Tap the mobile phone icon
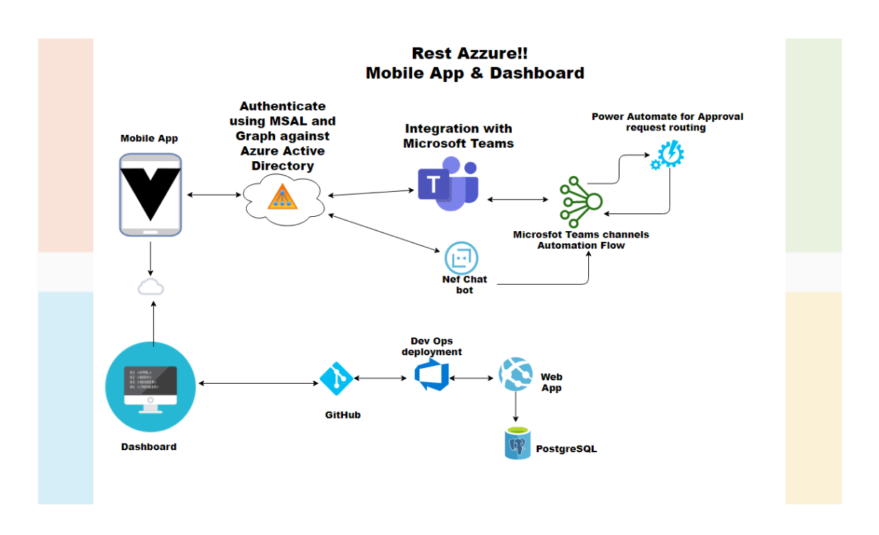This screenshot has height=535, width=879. click(150, 194)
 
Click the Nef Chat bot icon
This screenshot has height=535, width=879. click(461, 258)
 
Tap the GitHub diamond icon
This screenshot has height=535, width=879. click(336, 378)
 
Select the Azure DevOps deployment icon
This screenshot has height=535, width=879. click(431, 375)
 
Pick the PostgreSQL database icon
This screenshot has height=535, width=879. click(517, 443)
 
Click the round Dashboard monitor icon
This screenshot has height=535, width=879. click(150, 386)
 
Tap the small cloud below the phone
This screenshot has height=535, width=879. click(150, 287)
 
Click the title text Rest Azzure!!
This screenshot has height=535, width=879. click(470, 53)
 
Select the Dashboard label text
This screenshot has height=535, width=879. click(148, 447)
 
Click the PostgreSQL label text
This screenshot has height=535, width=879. click(566, 449)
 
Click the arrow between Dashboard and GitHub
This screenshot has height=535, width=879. click(258, 384)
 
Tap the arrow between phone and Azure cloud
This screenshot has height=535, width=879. click(212, 194)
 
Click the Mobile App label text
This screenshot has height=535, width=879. click(149, 138)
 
